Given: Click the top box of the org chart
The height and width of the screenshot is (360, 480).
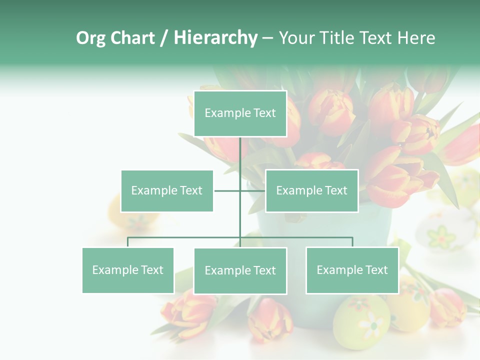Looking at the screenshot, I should tap(240, 113).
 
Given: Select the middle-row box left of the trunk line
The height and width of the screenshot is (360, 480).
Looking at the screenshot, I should tap(167, 190).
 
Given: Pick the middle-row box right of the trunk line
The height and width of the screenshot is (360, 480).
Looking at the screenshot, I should tap(311, 190).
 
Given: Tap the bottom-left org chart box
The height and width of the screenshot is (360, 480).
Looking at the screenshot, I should tap(128, 270).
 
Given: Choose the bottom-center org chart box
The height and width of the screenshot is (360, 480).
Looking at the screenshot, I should tap(240, 270).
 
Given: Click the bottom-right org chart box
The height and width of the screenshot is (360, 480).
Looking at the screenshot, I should tap(352, 270).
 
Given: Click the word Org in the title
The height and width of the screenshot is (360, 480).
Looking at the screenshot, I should tap(90, 38).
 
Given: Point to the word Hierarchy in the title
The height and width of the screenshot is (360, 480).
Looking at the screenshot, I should tap(215, 38).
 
